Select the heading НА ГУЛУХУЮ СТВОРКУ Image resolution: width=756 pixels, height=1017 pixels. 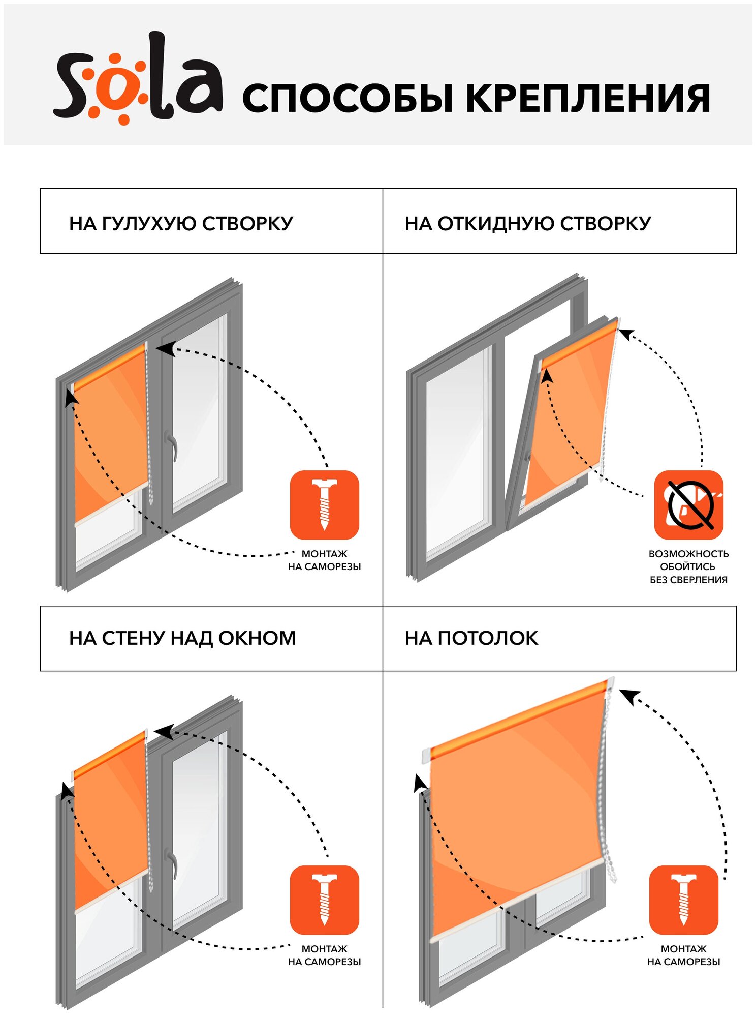[181, 224]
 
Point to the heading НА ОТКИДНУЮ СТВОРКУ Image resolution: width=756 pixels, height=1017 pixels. [527, 224]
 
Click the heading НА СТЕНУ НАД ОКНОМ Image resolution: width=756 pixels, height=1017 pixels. [182, 638]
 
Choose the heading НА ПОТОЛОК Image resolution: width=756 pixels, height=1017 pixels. [471, 638]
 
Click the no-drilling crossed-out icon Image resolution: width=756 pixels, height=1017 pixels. [688, 505]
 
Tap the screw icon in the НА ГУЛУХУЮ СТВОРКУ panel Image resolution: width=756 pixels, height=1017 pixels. [324, 505]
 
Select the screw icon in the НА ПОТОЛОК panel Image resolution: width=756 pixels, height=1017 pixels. [683, 900]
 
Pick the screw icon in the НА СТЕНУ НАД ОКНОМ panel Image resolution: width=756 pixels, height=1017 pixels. [324, 900]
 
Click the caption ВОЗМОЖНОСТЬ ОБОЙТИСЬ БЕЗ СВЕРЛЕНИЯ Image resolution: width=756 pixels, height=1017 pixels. [688, 566]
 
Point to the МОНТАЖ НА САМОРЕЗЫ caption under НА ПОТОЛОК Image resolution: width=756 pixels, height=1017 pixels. [683, 955]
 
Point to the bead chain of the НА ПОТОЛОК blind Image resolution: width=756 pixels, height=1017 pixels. [605, 793]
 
